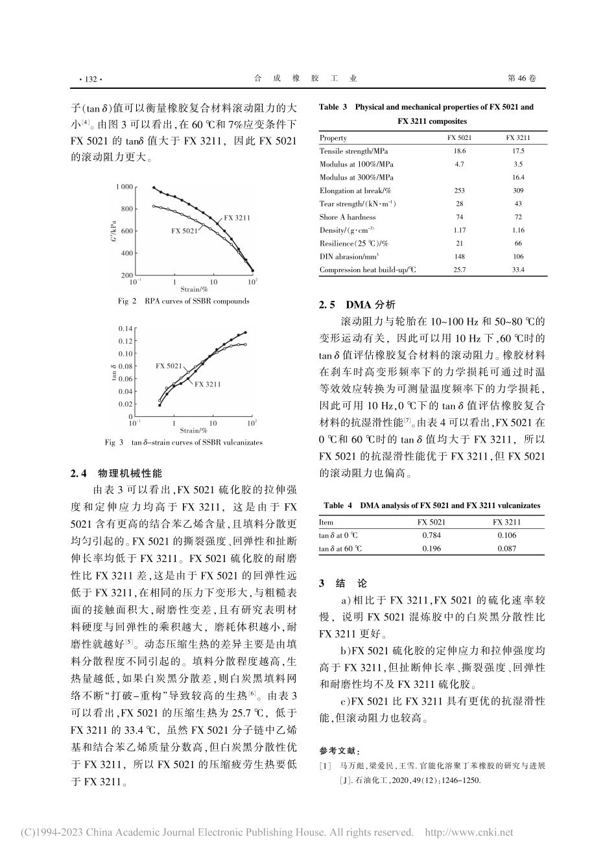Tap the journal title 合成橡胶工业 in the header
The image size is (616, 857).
305,78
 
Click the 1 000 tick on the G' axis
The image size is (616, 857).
123,187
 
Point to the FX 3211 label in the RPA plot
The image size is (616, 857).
237,218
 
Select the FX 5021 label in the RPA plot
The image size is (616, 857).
184,231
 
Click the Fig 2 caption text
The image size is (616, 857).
184,301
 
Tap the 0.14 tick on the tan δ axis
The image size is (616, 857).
124,329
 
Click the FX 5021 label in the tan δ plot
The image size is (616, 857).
169,366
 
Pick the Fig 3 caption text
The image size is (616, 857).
184,443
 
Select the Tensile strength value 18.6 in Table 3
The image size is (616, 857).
459,151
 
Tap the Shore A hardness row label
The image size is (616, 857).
347,217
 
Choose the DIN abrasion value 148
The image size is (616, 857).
459,257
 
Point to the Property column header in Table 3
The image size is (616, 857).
333,137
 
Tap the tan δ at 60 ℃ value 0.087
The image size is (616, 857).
506,548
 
